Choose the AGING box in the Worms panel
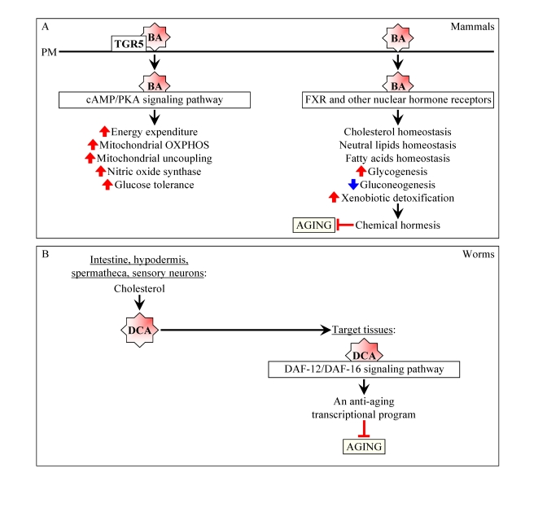pyautogui.click(x=364, y=446)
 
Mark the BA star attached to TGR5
pyautogui.click(x=155, y=37)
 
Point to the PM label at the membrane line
pyautogui.click(x=48, y=53)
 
